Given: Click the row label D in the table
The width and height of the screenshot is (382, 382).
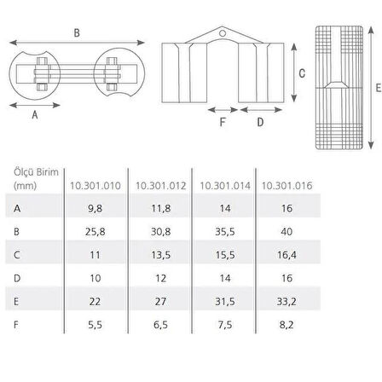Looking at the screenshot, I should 17,279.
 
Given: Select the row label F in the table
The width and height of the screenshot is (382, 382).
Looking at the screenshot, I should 17,326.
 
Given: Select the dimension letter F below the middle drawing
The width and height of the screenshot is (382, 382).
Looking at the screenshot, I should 223,121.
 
